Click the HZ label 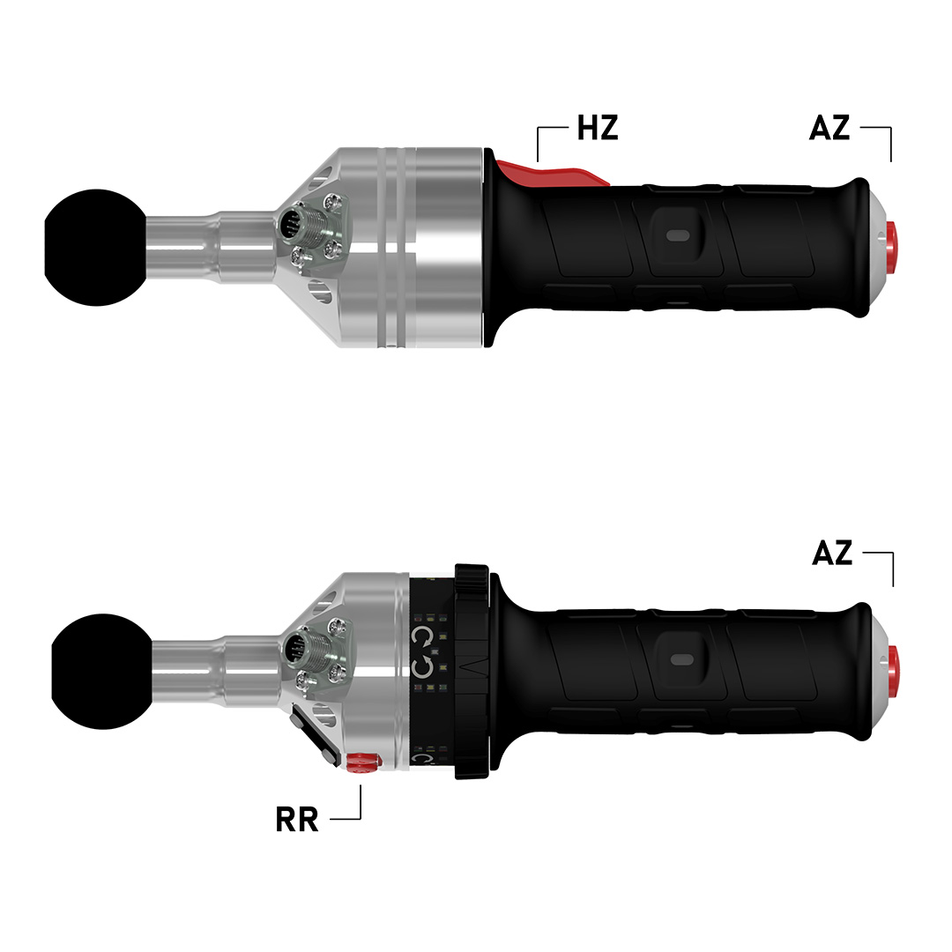pos(598,128)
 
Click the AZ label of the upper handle pos(829,128)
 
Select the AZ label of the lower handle pos(832,553)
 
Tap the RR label pos(297,820)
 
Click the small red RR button pos(361,762)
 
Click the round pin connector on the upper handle pos(292,227)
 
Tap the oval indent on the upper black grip pos(679,235)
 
